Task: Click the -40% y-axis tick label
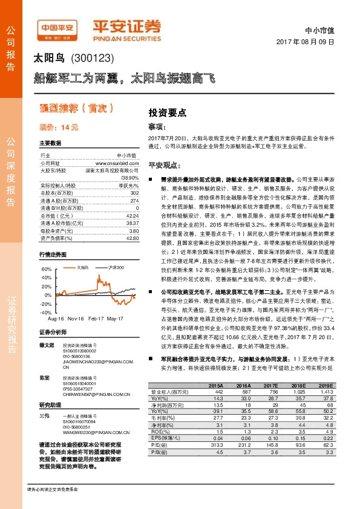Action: click(47, 313)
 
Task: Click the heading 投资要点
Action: click(167, 112)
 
